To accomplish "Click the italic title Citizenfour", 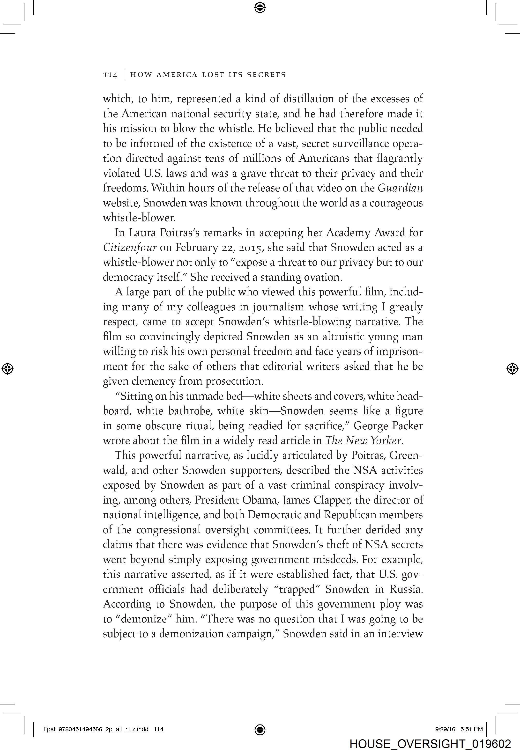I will tap(130, 248).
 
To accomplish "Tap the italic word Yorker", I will tap(387, 441).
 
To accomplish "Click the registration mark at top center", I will tap(260, 7).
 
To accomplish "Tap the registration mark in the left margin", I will tap(7, 368).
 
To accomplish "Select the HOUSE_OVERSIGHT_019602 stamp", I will tap(430, 744).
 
